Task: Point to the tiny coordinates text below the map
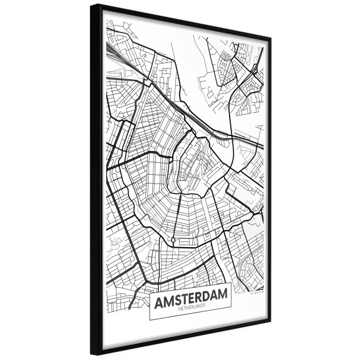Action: tap(255, 289)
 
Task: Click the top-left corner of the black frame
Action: tap(91, 6)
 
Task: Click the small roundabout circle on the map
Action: tap(172, 240)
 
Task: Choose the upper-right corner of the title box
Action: tap(232, 282)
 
